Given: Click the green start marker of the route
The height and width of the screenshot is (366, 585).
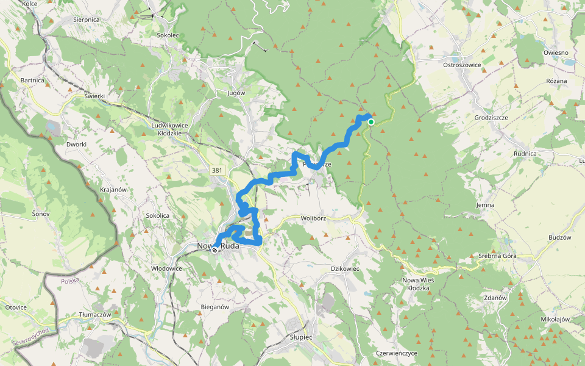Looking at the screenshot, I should point(370,122).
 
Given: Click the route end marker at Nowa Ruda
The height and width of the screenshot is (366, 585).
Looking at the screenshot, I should point(214,249).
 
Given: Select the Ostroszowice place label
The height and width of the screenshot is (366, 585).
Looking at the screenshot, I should point(463,65).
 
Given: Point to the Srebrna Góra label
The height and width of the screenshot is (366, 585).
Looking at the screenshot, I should point(497,256).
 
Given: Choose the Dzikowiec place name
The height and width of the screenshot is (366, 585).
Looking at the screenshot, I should point(345,268).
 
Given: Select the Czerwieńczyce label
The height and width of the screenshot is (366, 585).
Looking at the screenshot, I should point(397,353).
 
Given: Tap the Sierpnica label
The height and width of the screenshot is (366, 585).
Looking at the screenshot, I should point(87,20).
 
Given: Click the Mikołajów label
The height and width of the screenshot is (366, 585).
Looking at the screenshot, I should point(555,319).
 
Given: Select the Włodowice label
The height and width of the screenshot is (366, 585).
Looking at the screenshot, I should point(167,268).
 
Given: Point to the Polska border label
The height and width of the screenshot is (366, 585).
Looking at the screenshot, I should point(71,281).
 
